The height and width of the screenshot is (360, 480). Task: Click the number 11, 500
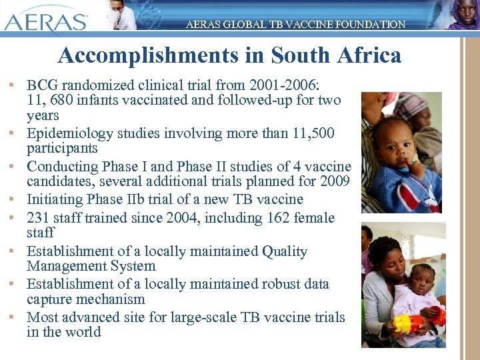pos(317,133)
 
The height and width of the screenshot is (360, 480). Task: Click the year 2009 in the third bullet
pos(325,181)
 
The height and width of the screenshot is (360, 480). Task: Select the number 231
pos(39,218)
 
